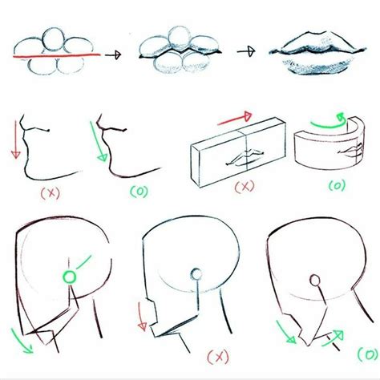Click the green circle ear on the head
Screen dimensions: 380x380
(70, 277)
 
